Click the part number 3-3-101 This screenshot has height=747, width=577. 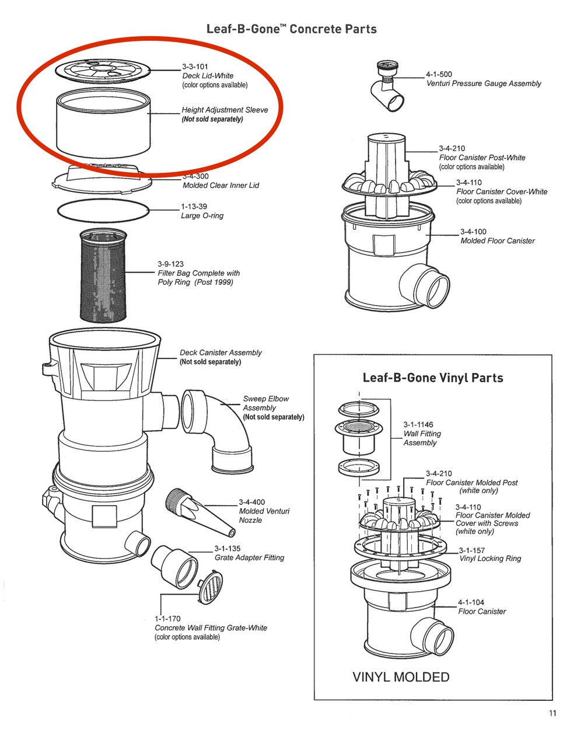coord(195,67)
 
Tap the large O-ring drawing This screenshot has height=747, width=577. coord(103,211)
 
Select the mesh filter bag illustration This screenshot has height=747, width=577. coord(103,276)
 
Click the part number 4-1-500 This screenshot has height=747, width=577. coord(439,74)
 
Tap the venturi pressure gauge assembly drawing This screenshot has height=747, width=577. coord(388,86)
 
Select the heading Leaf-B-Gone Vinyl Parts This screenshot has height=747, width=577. coord(433,378)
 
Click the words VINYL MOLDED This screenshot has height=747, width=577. coord(401,677)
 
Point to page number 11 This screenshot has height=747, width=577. coord(552,713)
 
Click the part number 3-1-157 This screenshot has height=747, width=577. coord(472,550)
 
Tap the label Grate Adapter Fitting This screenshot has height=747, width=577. coord(250,557)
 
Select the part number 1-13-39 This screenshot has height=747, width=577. coord(194,207)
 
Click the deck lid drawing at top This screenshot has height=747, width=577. coord(103,71)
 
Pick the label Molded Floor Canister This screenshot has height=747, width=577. coord(498,240)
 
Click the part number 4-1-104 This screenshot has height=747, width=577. coord(471,602)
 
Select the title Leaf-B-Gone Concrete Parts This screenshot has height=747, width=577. coord(292,29)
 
